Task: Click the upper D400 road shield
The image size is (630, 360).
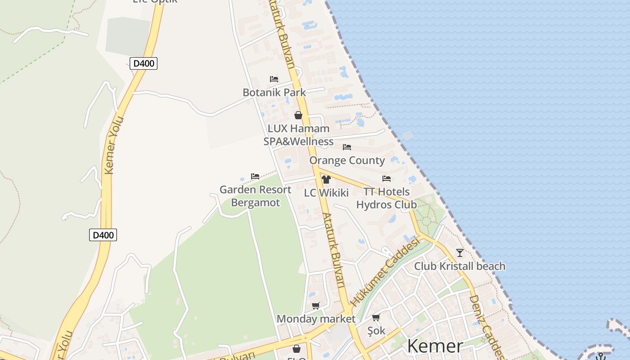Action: (144, 63)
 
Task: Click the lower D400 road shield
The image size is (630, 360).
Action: (103, 235)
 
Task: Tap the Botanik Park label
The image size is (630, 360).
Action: (274, 93)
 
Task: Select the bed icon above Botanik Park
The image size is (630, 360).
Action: (274, 79)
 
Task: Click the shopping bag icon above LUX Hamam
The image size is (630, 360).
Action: (298, 115)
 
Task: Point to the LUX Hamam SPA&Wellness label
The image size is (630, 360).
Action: (298, 135)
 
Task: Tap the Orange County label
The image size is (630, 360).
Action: (347, 161)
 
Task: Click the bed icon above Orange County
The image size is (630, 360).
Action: (347, 147)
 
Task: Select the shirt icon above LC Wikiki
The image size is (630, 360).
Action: (326, 180)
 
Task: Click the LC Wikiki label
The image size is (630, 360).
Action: (326, 193)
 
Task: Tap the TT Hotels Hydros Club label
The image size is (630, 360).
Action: (387, 198)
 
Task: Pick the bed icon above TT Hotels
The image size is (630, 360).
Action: (387, 179)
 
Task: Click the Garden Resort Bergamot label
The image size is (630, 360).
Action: (255, 196)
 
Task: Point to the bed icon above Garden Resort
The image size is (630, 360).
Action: (255, 176)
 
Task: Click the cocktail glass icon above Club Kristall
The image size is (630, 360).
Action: (460, 252)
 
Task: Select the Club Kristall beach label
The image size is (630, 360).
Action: (460, 266)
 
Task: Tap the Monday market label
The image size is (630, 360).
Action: (316, 319)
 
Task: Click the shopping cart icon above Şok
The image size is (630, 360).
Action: (376, 317)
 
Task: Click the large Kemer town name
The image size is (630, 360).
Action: (435, 346)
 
